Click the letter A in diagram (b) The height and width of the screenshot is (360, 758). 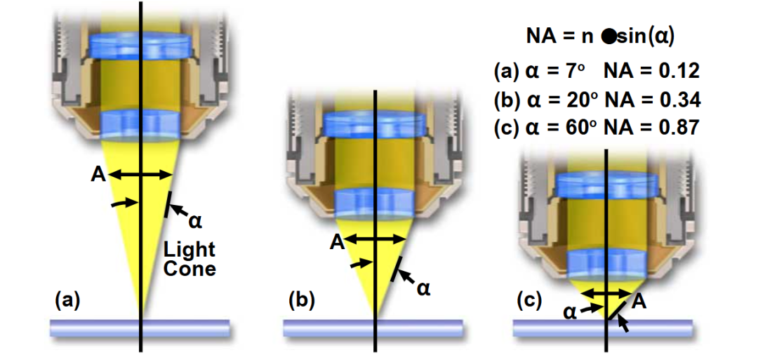pyautogui.click(x=336, y=242)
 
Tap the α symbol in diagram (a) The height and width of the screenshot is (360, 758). pyautogui.click(x=195, y=222)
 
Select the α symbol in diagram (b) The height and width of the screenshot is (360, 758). pyautogui.click(x=423, y=288)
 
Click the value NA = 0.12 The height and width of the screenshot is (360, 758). pyautogui.click(x=652, y=71)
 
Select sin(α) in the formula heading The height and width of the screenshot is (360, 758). pyautogui.click(x=646, y=37)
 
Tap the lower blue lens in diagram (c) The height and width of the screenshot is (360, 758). pyautogui.click(x=606, y=264)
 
